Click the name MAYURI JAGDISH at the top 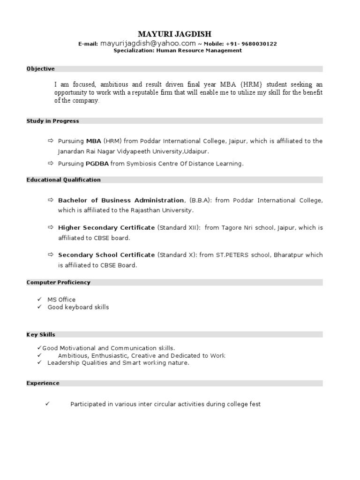pos(174,34)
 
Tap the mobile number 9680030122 pos(259,44)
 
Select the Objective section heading pos(40,69)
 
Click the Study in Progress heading pos(52,121)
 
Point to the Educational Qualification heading pos(63,180)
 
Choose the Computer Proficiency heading pos(58,283)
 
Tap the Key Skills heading pos(40,335)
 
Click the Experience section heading pos(43,383)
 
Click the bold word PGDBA pos(97,164)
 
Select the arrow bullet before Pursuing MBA pos(51,141)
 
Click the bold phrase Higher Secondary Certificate pos(106,228)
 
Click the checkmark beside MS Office pos(39,299)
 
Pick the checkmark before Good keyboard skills pos(39,307)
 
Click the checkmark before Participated pos(47,404)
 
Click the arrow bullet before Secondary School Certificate pos(51,255)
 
